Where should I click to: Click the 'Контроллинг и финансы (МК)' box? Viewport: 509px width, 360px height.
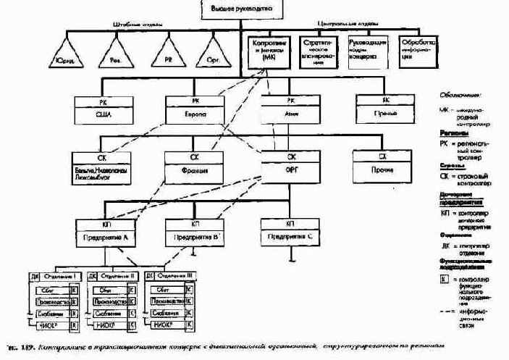(265, 51)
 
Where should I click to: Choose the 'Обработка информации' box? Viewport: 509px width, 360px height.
(418, 51)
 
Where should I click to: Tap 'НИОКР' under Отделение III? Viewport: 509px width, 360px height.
(164, 325)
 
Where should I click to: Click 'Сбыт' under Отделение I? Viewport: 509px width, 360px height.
(49, 288)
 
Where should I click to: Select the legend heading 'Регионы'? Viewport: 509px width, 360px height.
(453, 133)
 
